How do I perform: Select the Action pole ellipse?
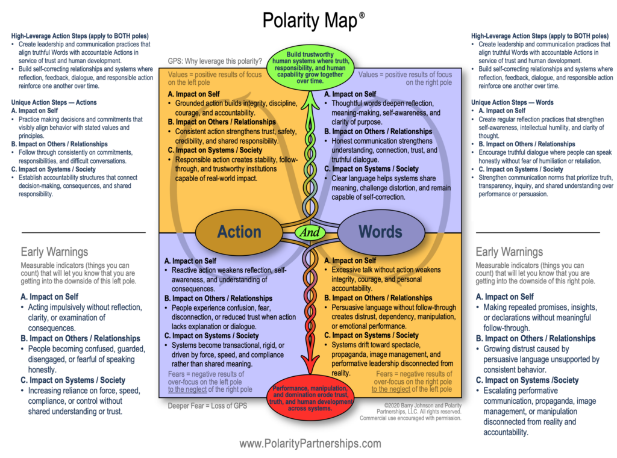click(x=239, y=232)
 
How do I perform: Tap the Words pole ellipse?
click(x=380, y=232)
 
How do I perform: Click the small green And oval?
click(x=310, y=232)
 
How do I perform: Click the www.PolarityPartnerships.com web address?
click(x=310, y=444)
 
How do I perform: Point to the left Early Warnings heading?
click(x=54, y=252)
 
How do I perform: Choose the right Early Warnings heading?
click(x=509, y=252)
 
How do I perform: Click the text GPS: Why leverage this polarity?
click(x=215, y=61)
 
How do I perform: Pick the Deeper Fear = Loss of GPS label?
click(x=207, y=405)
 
